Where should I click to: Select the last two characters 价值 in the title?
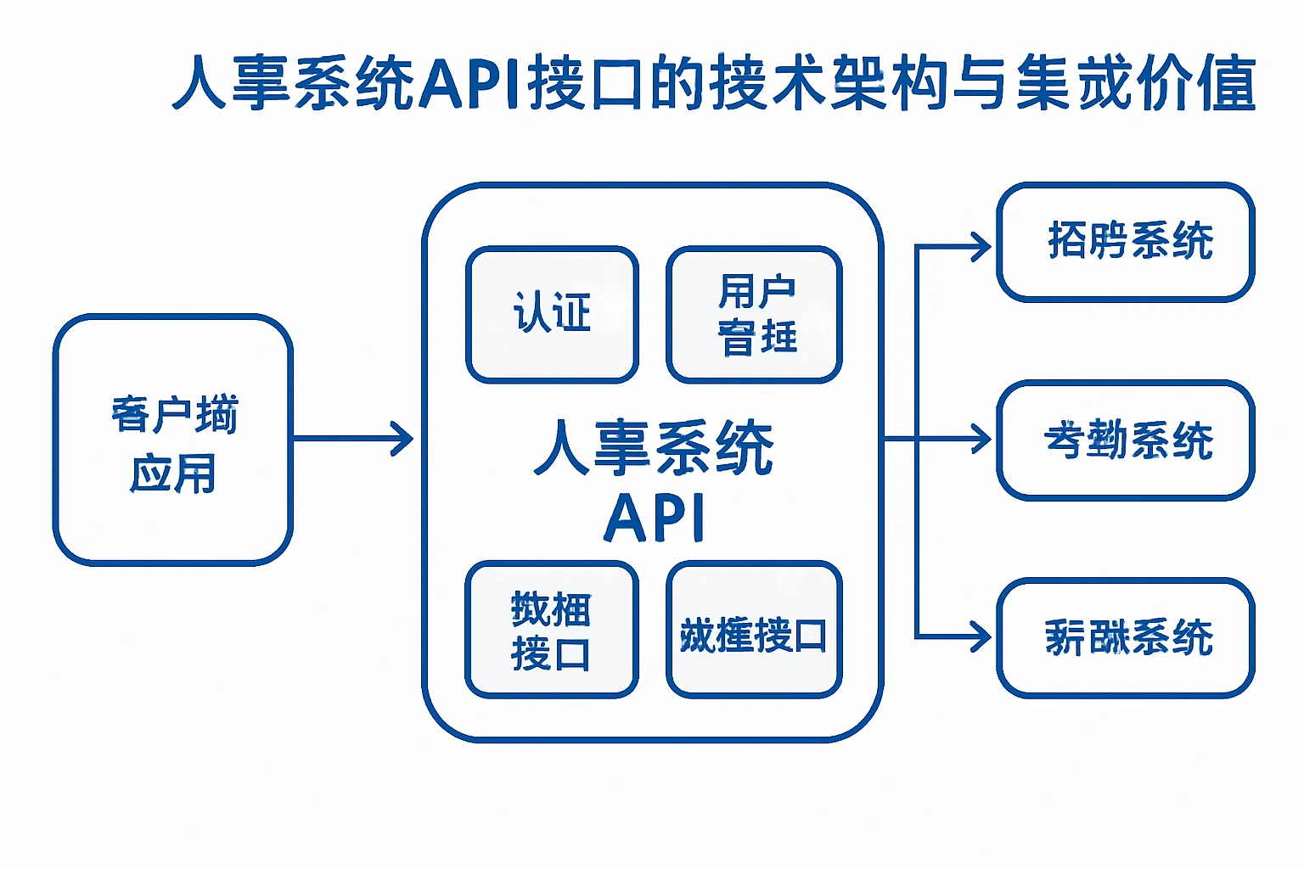pyautogui.click(x=1197, y=83)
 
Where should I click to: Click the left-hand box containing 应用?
pyautogui.click(x=173, y=440)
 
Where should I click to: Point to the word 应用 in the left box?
pyautogui.click(x=173, y=474)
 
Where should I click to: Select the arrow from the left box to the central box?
pyautogui.click(x=353, y=439)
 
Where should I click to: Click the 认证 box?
pyautogui.click(x=552, y=314)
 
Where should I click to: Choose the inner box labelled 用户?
pyautogui.click(x=754, y=314)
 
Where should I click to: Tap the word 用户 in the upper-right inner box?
pyautogui.click(x=756, y=292)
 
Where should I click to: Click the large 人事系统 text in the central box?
pyautogui.click(x=654, y=447)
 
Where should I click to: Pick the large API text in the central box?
pyautogui.click(x=654, y=518)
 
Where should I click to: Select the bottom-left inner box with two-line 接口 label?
pyautogui.click(x=552, y=630)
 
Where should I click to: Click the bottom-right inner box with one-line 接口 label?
pyautogui.click(x=754, y=630)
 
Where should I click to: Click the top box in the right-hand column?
pyautogui.click(x=1126, y=242)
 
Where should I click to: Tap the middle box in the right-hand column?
pyautogui.click(x=1126, y=440)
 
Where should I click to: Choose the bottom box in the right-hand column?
pyautogui.click(x=1126, y=637)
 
